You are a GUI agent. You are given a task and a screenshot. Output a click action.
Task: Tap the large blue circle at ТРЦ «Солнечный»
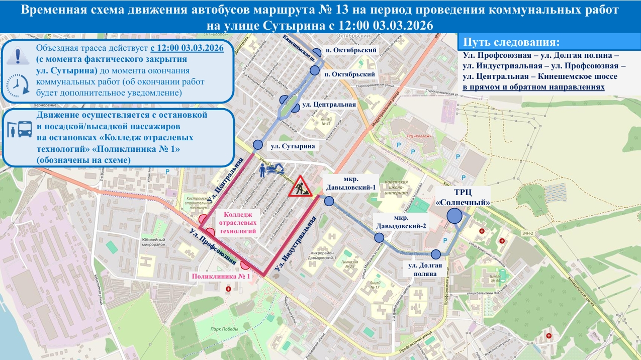tap(454, 216)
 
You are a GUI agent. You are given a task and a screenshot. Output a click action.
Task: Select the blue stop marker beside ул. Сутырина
tap(258, 145)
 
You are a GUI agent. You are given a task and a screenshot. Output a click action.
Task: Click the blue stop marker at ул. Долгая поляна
tap(436, 254)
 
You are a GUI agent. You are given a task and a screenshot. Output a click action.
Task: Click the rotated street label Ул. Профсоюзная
tap(213, 246)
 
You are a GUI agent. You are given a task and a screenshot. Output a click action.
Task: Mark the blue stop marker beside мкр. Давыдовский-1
tap(329, 201)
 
